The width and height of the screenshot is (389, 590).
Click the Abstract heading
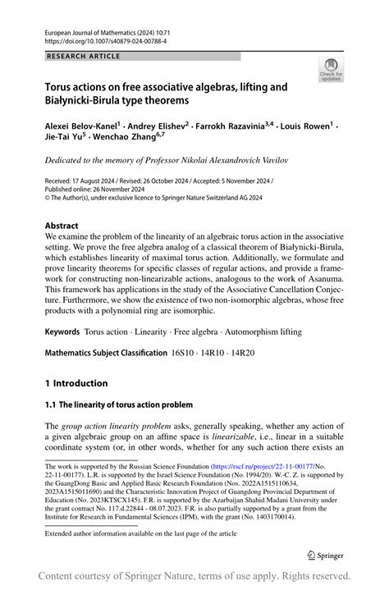point(62,226)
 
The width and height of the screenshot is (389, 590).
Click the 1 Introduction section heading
point(76,383)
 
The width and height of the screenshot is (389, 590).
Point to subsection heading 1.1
point(119,405)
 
